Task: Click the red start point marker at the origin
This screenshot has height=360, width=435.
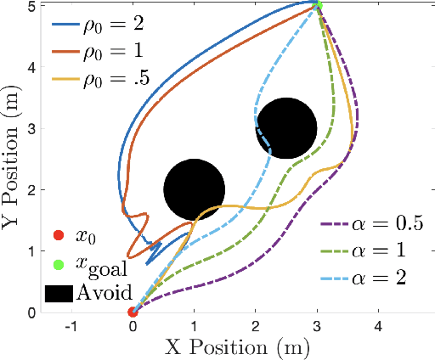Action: pyautogui.click(x=133, y=312)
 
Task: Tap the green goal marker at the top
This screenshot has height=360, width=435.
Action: pyautogui.click(x=318, y=6)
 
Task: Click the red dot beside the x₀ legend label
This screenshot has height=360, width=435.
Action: pyautogui.click(x=58, y=235)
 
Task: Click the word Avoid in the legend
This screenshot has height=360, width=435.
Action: pyautogui.click(x=104, y=294)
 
